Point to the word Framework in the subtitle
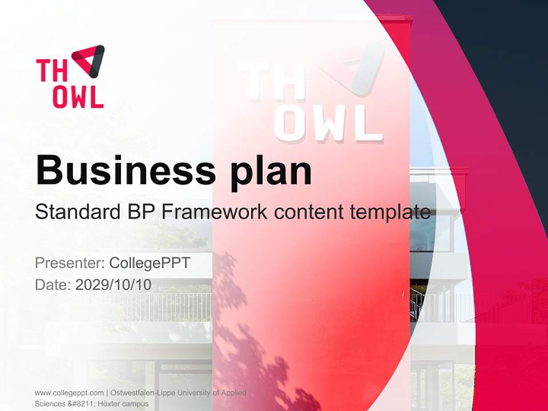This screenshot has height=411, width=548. click(x=215, y=212)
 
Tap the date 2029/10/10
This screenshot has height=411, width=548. click(x=114, y=285)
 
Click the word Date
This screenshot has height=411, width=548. click(x=52, y=285)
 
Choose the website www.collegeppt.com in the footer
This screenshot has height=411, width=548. click(x=69, y=393)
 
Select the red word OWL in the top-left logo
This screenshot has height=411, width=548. click(x=78, y=97)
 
